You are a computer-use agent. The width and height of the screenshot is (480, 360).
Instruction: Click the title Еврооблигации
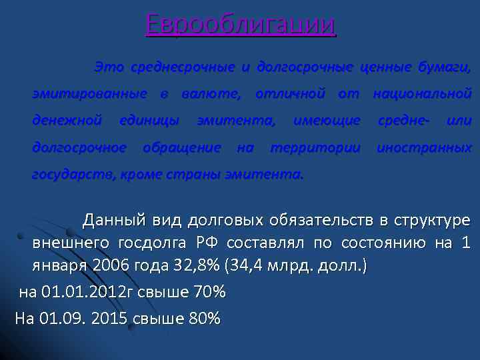pos(241,25)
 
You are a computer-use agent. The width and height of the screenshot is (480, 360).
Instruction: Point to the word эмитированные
pos(89,93)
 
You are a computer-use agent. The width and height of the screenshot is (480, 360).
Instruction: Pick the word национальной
pos(423,93)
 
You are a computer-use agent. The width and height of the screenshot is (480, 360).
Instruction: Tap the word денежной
pos(67,121)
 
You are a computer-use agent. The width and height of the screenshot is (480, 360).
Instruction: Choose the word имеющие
pos(327,121)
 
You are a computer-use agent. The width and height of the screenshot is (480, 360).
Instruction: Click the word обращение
pos(182,147)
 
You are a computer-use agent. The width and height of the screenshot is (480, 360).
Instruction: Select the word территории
pos(315,147)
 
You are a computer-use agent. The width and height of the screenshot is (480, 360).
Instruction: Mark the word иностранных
pos(424,147)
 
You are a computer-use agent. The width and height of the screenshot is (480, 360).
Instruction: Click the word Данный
pos(111,220)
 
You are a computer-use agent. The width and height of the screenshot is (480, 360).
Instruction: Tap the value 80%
pos(204,318)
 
